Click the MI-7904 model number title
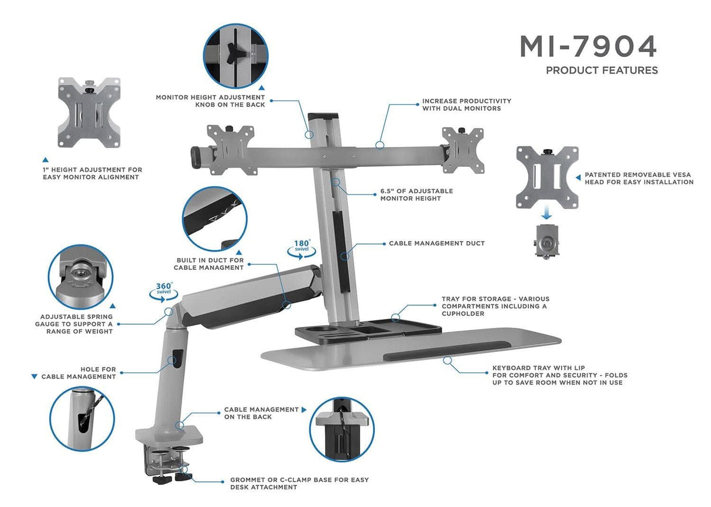click(588, 46)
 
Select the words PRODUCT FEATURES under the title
click(601, 70)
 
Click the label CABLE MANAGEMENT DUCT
click(437, 244)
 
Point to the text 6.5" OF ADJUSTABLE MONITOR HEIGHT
click(416, 195)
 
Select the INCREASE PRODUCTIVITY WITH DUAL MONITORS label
click(467, 105)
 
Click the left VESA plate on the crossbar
click(231, 149)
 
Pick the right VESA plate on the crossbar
click(463, 149)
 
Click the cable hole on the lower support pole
click(175, 359)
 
